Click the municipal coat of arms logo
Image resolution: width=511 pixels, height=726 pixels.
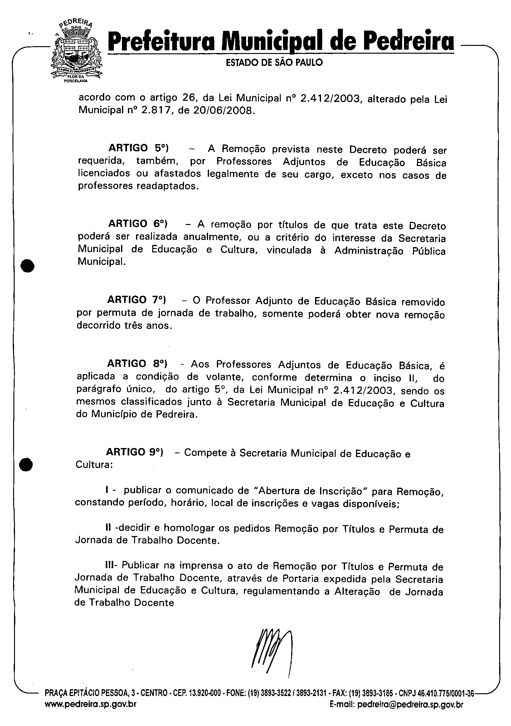point(76,52)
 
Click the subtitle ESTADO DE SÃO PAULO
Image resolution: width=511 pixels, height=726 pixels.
point(275,63)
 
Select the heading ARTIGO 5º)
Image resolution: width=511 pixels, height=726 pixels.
point(138,148)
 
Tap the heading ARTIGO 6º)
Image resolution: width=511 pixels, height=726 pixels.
point(138,224)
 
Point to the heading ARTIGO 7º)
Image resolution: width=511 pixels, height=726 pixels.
point(137,300)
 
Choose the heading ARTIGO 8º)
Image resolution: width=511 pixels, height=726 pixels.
point(137,364)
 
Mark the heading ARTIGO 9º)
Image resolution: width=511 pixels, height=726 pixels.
point(135,452)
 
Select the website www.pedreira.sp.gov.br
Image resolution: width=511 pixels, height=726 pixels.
point(91,713)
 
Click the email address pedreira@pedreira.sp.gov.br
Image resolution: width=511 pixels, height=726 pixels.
point(411,713)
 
